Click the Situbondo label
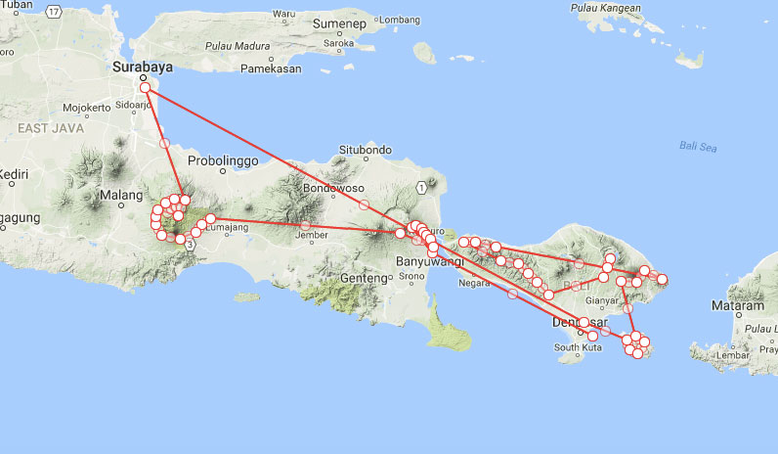tap(366, 150)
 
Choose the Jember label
tap(311, 235)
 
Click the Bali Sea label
tap(698, 147)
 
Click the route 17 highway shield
tap(53, 11)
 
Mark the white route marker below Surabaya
tap(145, 88)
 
